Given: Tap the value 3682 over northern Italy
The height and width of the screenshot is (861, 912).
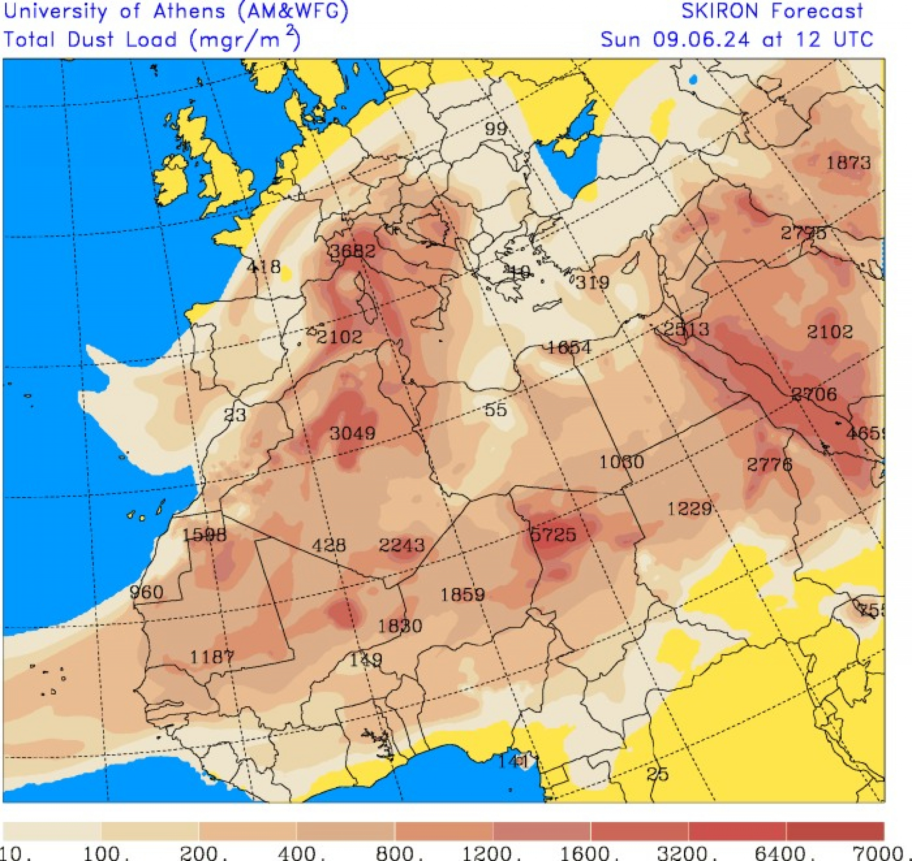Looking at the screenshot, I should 353,251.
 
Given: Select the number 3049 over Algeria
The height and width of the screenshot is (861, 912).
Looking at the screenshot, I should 352,433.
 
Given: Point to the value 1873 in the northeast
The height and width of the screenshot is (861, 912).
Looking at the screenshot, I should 848,163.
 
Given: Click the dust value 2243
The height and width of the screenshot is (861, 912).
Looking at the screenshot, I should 401,545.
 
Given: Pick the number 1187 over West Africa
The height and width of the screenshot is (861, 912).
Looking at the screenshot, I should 212,657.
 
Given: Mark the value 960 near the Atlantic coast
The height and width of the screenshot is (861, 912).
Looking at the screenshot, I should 146,592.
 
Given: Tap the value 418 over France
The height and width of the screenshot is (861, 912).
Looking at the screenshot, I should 263,266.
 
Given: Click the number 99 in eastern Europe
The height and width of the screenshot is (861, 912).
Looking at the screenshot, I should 496,129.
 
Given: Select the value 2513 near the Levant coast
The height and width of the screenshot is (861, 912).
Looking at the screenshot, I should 686,329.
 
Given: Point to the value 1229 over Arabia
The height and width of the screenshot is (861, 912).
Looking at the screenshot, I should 689,508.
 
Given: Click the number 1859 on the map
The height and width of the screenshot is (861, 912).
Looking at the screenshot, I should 462,595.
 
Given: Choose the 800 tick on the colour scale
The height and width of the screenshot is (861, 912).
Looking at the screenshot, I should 394,853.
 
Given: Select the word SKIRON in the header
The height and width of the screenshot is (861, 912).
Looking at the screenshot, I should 719,11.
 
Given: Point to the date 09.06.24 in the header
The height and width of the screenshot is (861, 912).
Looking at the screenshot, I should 700,39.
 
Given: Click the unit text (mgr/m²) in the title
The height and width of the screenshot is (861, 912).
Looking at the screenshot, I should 244,39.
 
